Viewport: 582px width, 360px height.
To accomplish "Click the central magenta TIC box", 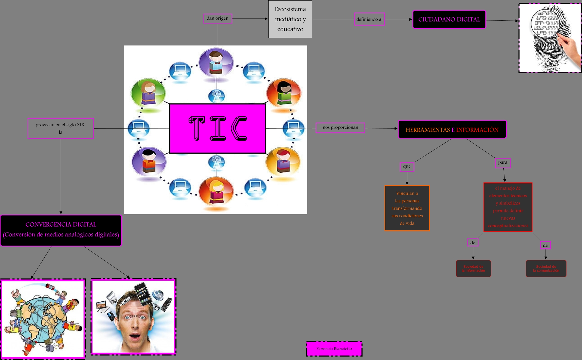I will click(217, 129).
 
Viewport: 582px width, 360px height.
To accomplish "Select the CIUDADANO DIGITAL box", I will click(449, 19).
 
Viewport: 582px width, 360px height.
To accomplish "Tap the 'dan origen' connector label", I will click(217, 19).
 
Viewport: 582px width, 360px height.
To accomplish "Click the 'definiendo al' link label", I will click(369, 19).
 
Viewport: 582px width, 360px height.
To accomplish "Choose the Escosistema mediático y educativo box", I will click(290, 19).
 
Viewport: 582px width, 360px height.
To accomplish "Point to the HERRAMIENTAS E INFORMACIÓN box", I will click(452, 130).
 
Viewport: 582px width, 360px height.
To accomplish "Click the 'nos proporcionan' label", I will click(340, 127).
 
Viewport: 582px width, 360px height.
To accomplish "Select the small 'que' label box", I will click(407, 167).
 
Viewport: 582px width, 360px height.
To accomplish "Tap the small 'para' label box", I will click(503, 163).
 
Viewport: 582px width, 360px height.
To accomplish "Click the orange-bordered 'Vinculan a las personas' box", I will click(407, 208).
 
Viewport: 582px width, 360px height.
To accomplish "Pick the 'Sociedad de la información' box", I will click(473, 269).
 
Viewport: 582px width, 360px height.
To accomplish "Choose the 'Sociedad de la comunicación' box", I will click(546, 269).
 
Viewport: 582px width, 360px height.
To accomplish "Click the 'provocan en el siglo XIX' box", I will click(60, 128).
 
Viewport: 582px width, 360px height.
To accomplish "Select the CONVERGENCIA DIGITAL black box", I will click(61, 230).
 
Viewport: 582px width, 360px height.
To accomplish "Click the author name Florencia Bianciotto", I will click(334, 349).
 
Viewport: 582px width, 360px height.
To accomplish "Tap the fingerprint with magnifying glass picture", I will click(550, 38).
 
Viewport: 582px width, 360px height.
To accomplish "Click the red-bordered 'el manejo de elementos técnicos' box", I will click(508, 207).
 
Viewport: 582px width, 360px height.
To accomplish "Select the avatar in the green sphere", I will click(148, 93).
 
